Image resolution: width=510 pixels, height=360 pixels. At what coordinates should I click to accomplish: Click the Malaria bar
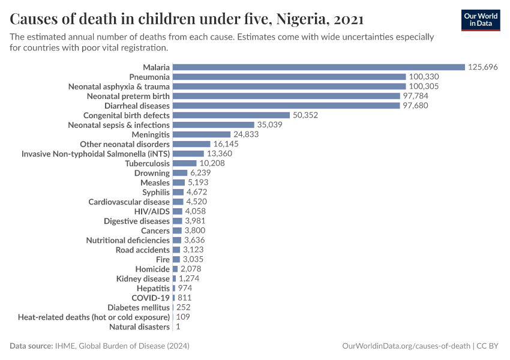tap(319, 67)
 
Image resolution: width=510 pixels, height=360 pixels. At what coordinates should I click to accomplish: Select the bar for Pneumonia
tap(289, 77)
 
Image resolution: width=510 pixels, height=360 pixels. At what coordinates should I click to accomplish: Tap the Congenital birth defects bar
tap(231, 115)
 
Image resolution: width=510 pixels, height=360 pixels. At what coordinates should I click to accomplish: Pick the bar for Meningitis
tap(202, 134)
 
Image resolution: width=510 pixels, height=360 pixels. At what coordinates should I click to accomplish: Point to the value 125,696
tap(483, 67)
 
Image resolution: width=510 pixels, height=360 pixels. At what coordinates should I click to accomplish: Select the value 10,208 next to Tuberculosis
tap(213, 163)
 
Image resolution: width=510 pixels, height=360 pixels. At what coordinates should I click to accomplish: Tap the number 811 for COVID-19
tap(185, 298)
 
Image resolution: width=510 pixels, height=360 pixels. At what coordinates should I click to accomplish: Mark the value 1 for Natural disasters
tap(178, 326)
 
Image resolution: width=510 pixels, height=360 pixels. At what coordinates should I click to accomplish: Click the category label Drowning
tap(152, 173)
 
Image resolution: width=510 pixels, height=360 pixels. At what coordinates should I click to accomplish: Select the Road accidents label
tap(142, 250)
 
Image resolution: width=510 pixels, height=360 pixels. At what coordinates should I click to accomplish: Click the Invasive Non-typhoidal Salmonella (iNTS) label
tap(95, 154)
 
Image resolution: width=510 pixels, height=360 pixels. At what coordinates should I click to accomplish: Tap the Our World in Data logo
tap(481, 20)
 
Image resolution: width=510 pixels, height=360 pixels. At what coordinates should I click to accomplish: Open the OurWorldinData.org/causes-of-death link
tap(406, 346)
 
